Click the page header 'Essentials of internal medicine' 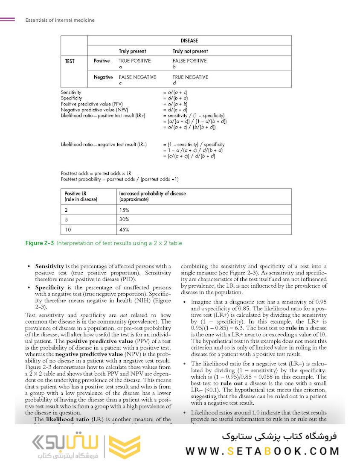click(60, 20)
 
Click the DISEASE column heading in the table click(189, 41)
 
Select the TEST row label click(70, 61)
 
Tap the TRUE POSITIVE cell click(134, 61)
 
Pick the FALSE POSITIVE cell click(189, 61)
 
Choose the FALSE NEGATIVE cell click(137, 77)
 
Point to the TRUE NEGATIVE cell click(190, 77)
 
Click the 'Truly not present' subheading click(190, 51)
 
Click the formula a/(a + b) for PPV click(175, 104)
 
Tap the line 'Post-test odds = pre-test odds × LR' click(96, 173)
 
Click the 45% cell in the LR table click(124, 230)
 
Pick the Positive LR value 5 click(66, 219)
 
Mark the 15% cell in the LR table click(124, 210)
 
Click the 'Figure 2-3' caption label click(40, 243)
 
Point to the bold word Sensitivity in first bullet click(49, 266)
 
